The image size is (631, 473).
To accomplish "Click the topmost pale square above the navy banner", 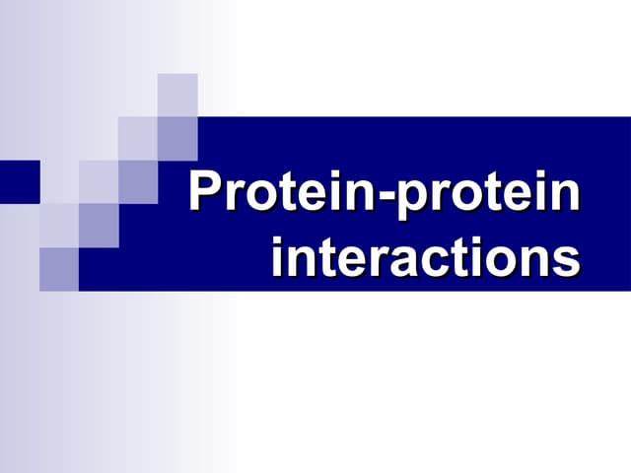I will [x=177, y=95].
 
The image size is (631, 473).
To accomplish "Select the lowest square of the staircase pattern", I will [x=59, y=268].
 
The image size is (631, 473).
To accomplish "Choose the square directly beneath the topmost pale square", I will [x=177, y=137].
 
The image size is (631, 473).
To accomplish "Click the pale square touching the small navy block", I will [x=59, y=180].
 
